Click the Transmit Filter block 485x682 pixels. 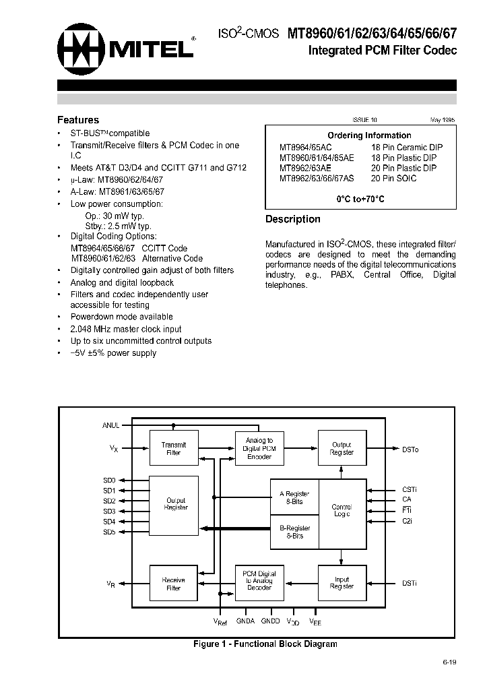174,449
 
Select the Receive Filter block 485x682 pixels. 174,584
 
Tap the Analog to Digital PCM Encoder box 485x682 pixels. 259,449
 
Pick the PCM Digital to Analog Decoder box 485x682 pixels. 259,581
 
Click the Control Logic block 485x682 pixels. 342,510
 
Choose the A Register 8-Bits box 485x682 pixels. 294,498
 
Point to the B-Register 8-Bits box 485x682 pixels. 294,532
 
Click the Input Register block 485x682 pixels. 342,583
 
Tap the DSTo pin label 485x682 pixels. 410,449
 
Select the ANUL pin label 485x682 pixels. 111,425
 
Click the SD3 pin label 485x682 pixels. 109,511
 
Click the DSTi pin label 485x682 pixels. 410,584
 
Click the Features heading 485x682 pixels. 78,120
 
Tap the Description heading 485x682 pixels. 292,219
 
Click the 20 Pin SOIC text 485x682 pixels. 393,179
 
